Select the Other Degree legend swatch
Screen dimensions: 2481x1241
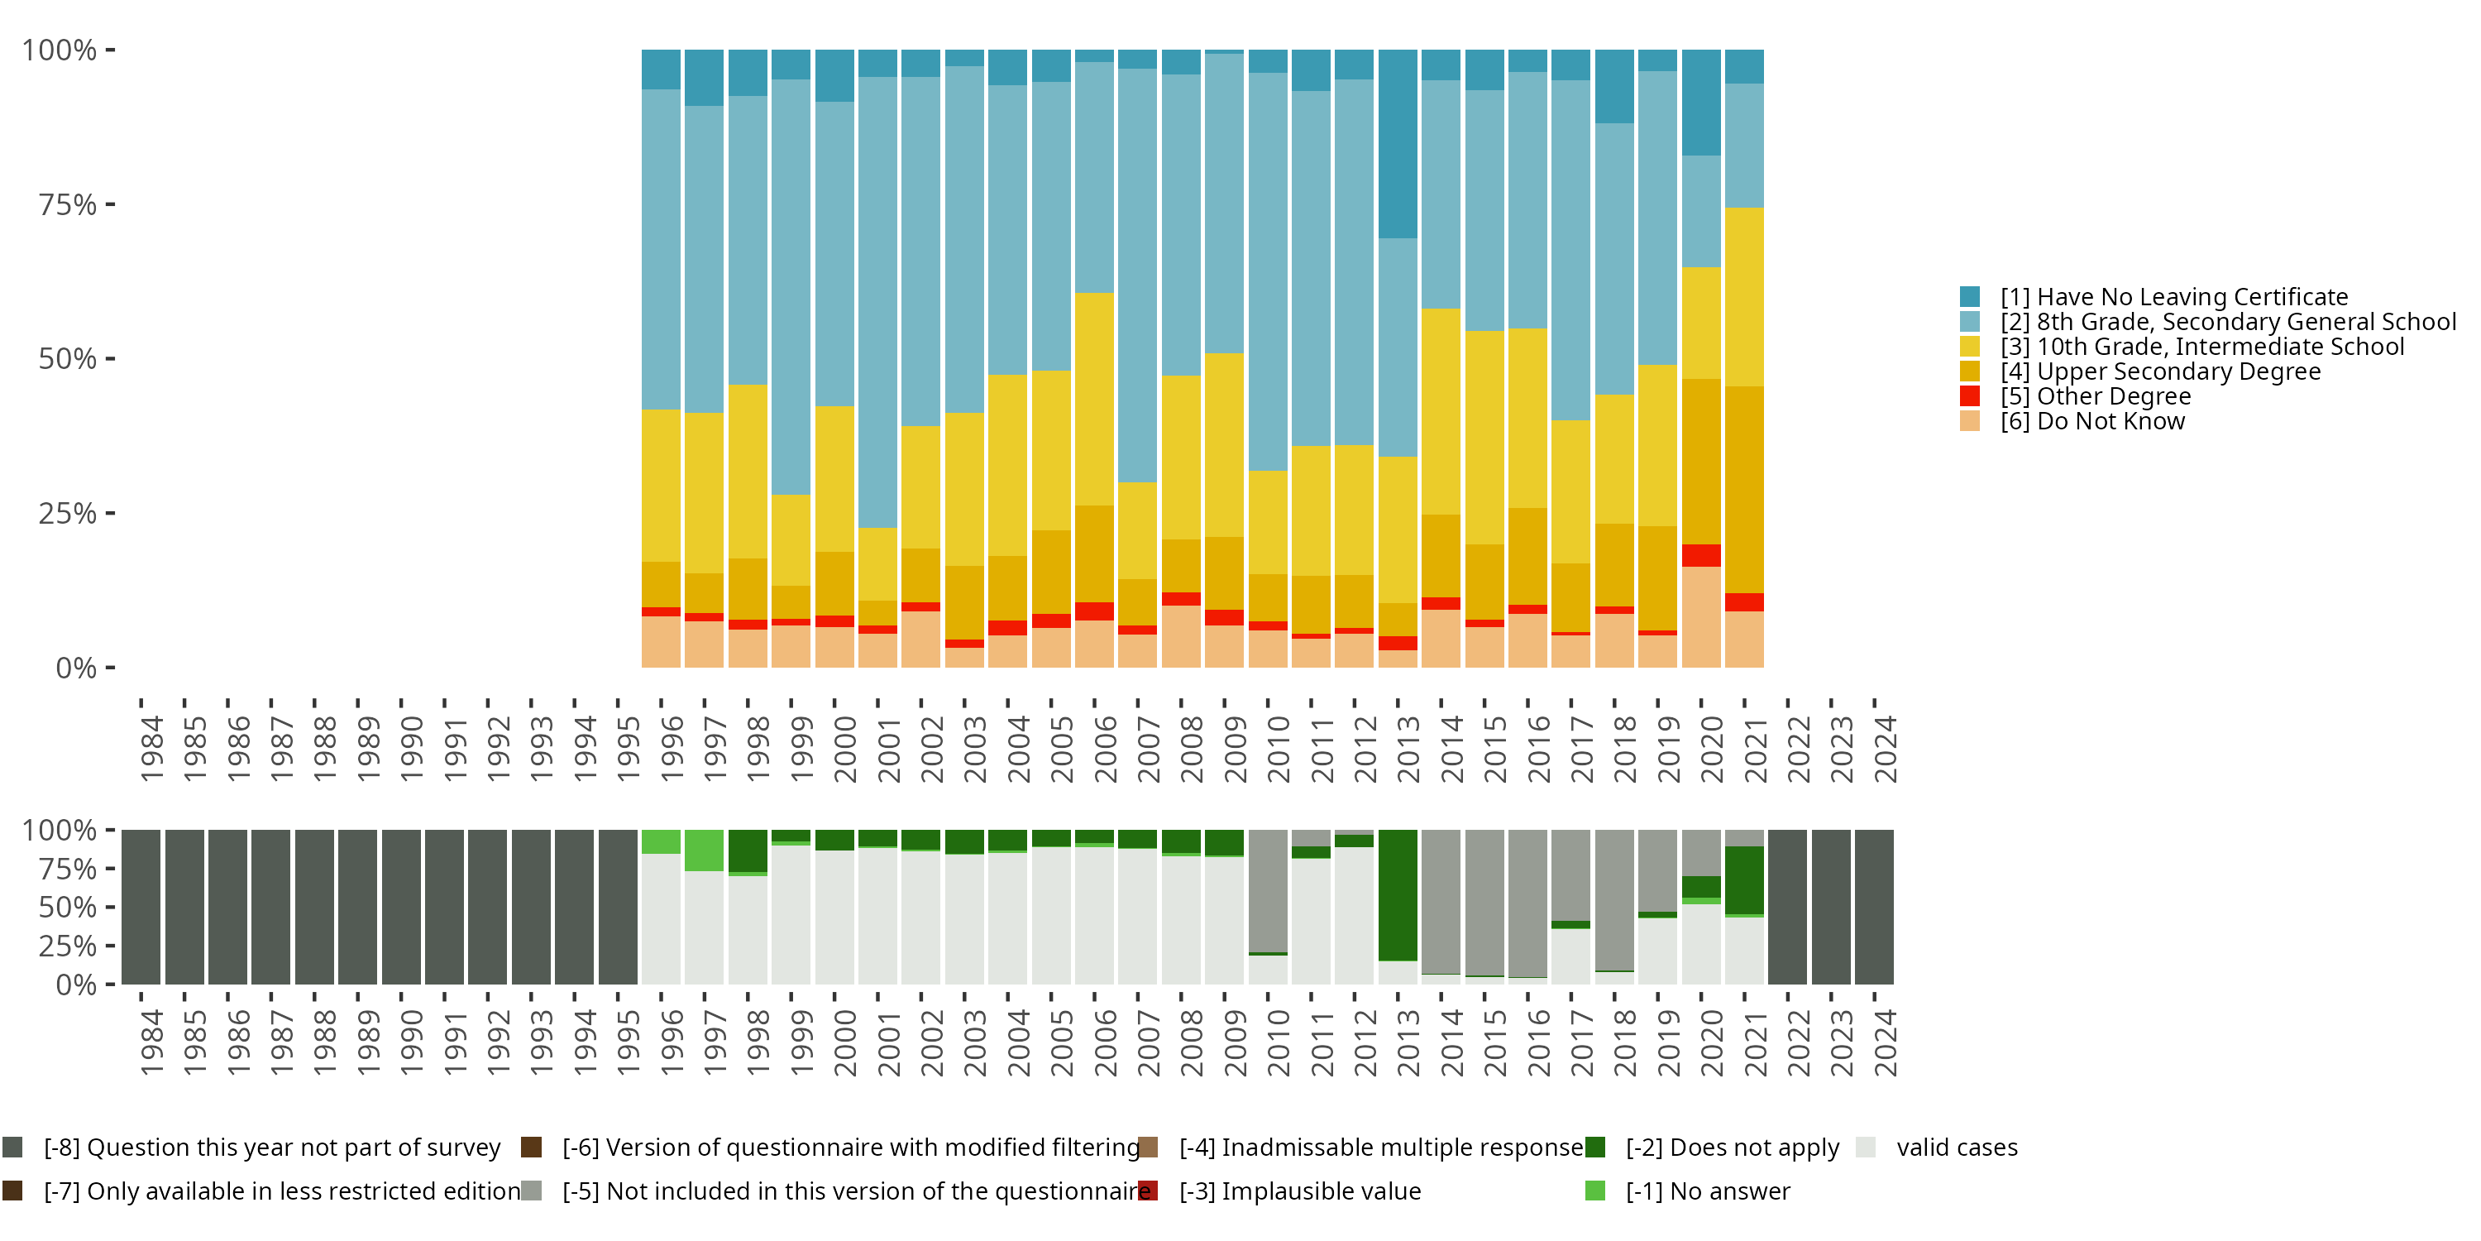click(1970, 396)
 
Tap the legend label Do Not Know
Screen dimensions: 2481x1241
click(2111, 421)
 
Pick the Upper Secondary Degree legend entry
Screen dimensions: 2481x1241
click(2140, 371)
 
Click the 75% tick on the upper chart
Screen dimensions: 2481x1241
click(110, 204)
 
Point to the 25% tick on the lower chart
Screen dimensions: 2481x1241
click(110, 945)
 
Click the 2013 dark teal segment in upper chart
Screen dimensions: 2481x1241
click(1398, 144)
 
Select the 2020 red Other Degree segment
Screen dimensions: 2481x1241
click(1701, 555)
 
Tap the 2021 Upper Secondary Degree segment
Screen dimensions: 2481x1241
click(1744, 490)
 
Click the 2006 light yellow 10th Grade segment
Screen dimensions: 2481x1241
click(1094, 399)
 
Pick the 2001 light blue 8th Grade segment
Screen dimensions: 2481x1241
click(877, 303)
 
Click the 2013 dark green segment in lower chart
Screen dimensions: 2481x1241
click(1398, 895)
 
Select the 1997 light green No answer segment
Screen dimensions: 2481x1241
click(704, 850)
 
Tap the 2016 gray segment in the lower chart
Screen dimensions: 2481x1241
click(1527, 903)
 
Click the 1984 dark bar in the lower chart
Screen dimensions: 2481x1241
click(141, 907)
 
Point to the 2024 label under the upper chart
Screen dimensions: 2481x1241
click(1885, 749)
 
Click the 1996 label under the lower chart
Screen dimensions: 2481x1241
click(672, 1042)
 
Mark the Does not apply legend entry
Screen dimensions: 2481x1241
click(1713, 1148)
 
